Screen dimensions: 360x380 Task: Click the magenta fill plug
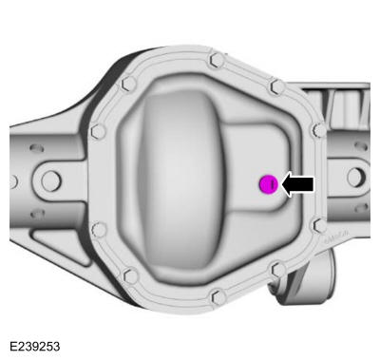(270, 184)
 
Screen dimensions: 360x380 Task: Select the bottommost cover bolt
(218, 296)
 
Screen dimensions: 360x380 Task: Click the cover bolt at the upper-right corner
(277, 86)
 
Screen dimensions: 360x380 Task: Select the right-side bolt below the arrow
(319, 226)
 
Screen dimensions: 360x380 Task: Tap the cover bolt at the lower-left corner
(131, 275)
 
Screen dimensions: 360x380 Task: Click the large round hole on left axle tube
(50, 179)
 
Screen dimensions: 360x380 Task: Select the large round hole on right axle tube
(354, 178)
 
